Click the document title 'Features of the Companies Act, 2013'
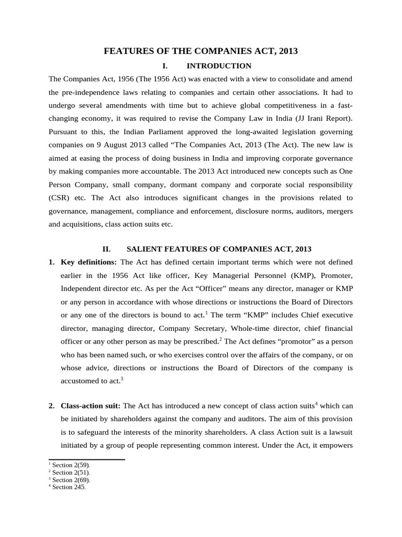tap(201, 51)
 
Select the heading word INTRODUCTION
tap(211, 66)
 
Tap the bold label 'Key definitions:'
tap(90, 262)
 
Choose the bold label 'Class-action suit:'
tap(91, 406)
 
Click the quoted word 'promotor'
tap(278, 342)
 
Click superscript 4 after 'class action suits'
tap(317, 403)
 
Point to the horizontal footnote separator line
tap(86, 460)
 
